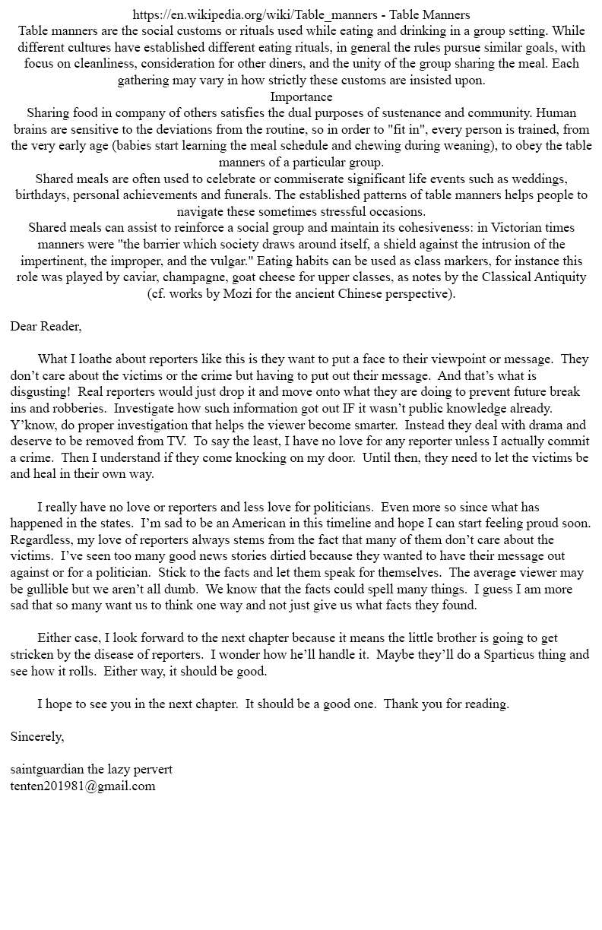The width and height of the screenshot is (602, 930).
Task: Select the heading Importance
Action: [301, 96]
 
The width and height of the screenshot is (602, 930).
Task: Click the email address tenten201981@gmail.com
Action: [83, 786]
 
